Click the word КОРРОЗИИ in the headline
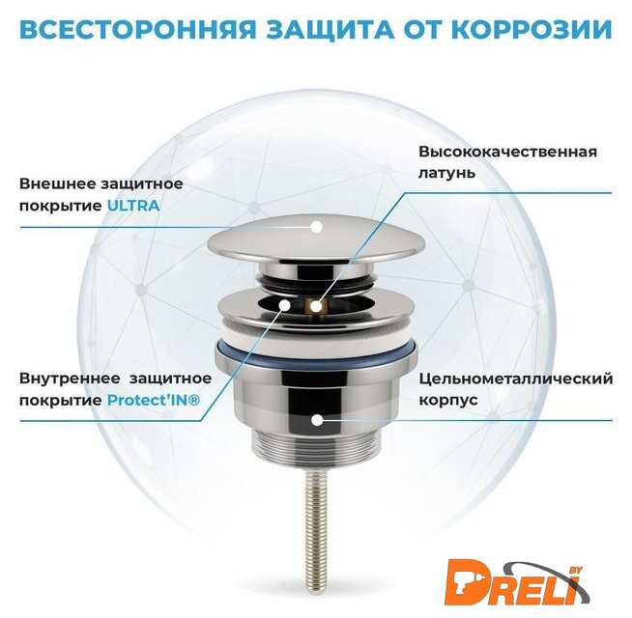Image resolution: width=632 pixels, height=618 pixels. pos(535,29)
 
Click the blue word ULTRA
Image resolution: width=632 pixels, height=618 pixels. pos(133,206)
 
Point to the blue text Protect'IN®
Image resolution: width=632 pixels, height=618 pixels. pos(154,400)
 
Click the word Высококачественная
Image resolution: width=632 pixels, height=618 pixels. pos(508,152)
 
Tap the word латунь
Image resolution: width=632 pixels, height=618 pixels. pos(447,173)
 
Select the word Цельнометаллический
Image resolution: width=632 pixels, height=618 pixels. pos(516,379)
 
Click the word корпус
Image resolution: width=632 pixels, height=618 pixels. pos(448,401)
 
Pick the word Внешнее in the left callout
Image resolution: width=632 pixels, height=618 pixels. pos(57,184)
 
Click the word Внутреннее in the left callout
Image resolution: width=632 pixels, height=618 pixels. pos(70,379)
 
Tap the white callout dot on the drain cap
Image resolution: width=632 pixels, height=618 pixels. pos(317,227)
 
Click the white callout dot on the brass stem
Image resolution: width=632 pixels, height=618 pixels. pos(317,306)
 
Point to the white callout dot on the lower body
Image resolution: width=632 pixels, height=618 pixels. pos(318,420)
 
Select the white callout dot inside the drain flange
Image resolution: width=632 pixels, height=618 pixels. pos(285,305)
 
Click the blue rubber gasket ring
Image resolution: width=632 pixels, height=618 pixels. pos(316,354)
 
